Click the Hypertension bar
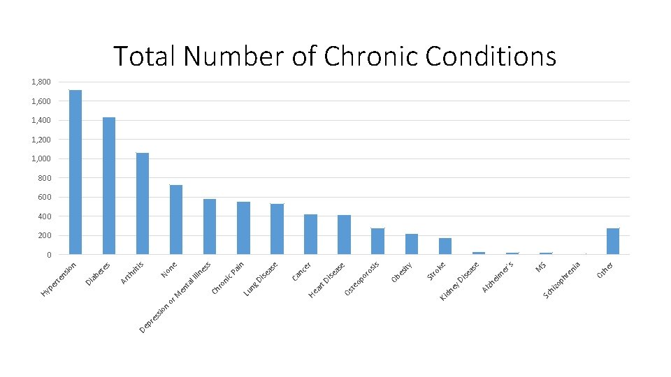coord(75,172)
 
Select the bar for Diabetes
coord(109,186)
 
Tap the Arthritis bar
coord(143,203)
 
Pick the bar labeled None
coord(176,220)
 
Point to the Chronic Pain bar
coord(243,228)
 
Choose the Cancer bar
coord(310,235)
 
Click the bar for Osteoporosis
coord(378,242)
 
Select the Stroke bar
coord(445,246)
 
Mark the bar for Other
coord(613,242)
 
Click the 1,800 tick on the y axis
coord(41,82)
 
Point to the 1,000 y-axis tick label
coord(41,158)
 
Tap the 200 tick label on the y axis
coord(45,235)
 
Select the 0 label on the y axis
coord(49,255)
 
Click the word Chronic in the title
coord(370,56)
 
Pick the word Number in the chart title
coord(233,56)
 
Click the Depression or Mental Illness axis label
coord(175,297)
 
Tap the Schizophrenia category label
coord(562,281)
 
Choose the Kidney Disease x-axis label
coord(459,281)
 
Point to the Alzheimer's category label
coord(497,277)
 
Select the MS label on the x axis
coord(541,267)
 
